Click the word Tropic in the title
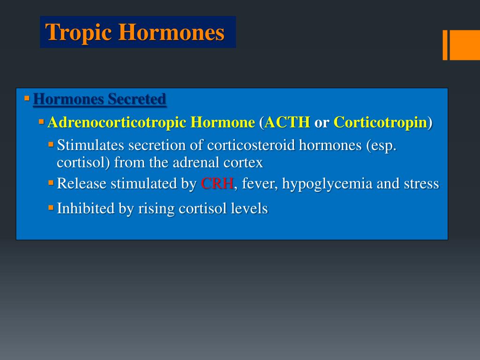(x=78, y=33)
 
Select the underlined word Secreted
(x=137, y=99)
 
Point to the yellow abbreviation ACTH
(x=287, y=123)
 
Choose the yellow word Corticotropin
(x=380, y=123)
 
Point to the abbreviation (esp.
(x=380, y=145)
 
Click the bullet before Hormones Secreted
(x=27, y=98)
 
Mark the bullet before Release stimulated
(x=51, y=183)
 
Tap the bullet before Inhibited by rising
(x=51, y=207)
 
